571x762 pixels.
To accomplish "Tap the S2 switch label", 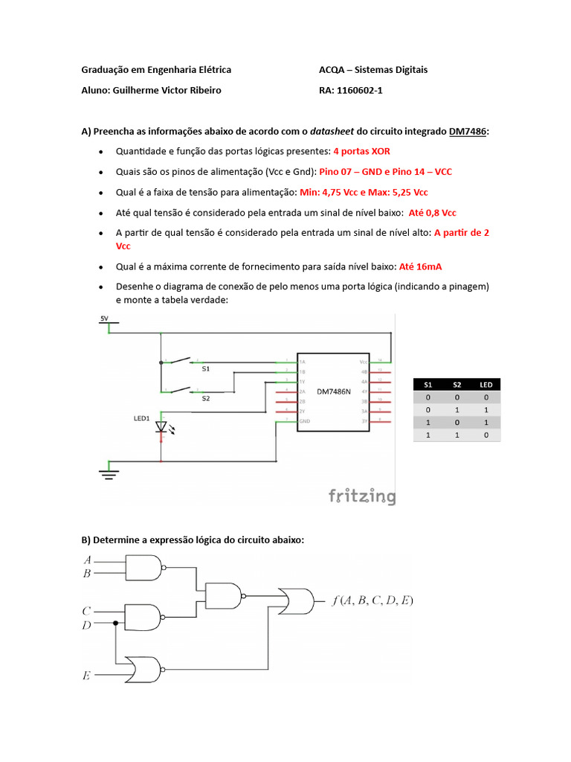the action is coord(206,398).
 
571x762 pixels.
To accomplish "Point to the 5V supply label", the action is coord(104,319).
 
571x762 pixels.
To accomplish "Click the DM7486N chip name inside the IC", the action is coord(334,391).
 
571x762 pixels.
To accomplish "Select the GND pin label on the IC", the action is coord(304,421).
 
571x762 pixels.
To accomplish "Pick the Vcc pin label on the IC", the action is coord(364,361).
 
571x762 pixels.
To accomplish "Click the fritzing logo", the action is coord(362,496).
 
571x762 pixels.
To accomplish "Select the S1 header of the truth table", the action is coord(428,385).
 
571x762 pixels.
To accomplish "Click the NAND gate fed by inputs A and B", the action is coord(143,569).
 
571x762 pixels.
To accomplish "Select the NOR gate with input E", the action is coord(143,668).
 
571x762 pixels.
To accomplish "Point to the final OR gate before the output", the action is coord(295,599).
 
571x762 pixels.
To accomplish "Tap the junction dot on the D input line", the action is coord(115,623).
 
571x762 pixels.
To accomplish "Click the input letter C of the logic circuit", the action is coord(86,611).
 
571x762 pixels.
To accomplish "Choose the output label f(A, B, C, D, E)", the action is coord(372,600).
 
